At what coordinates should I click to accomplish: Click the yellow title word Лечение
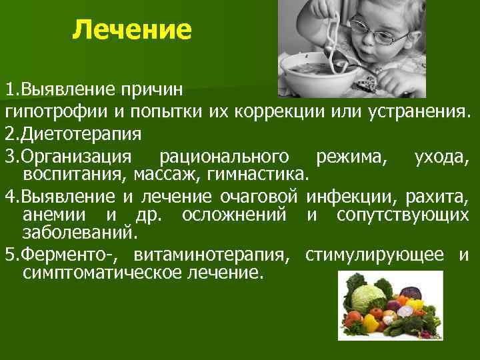(132, 29)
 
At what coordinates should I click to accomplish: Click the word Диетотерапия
(75, 134)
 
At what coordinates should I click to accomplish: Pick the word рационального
(225, 157)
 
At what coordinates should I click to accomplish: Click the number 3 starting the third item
(9, 157)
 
